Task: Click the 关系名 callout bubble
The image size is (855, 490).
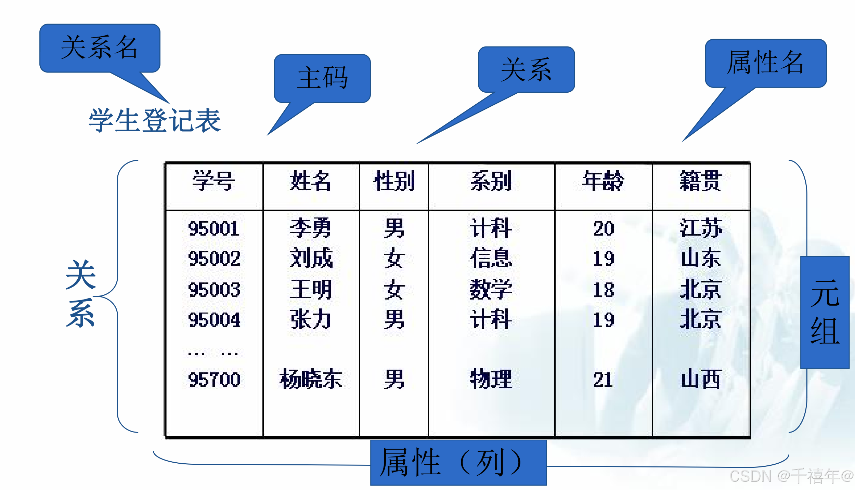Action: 99,48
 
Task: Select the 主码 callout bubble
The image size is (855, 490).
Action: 322,78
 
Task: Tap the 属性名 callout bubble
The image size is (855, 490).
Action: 765,63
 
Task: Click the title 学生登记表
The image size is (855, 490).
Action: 155,120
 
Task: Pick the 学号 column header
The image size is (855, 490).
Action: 213,181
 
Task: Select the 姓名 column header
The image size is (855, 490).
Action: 310,181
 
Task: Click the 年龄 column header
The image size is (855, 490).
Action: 603,181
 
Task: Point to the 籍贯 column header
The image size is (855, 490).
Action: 700,181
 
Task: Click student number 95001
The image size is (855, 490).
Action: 213,228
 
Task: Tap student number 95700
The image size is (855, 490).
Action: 214,379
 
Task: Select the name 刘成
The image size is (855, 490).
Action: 311,258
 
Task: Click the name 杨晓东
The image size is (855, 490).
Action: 311,379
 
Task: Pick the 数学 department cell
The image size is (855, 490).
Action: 491,289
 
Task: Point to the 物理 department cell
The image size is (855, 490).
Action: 491,379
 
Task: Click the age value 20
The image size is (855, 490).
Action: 604,228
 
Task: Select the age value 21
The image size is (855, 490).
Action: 603,379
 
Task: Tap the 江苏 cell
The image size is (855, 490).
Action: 701,228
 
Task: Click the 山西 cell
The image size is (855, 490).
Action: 701,379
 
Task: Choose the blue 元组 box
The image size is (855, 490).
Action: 825,312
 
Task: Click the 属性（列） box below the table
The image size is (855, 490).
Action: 458,463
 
